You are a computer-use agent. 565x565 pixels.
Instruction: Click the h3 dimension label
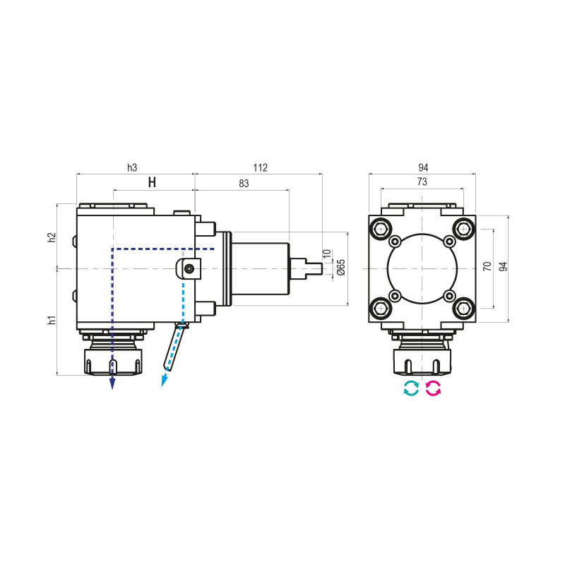tap(132, 167)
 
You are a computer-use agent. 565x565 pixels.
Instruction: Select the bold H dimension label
tap(152, 183)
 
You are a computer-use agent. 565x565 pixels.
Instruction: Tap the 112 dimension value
tap(259, 167)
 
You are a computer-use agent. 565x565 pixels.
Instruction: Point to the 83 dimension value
tap(243, 183)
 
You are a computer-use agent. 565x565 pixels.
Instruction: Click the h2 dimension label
tap(52, 237)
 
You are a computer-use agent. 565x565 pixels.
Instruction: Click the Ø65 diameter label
tap(341, 267)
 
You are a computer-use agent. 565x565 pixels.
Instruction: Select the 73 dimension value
tap(422, 182)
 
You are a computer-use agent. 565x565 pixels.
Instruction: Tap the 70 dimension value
tap(487, 267)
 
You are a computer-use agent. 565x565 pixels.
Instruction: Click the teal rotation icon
tap(410, 388)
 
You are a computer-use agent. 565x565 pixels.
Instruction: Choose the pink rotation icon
tap(433, 388)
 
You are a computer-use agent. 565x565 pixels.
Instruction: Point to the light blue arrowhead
tap(164, 381)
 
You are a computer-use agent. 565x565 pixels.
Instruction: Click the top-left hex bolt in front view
tap(381, 228)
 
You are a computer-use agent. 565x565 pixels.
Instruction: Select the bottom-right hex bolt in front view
tap(463, 308)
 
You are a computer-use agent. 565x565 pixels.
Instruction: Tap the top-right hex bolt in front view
tap(463, 228)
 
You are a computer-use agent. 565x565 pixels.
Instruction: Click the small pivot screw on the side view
tap(188, 268)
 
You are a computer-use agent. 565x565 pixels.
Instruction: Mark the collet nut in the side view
tap(112, 361)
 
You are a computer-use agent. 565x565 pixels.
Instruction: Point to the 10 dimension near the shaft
tap(326, 253)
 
